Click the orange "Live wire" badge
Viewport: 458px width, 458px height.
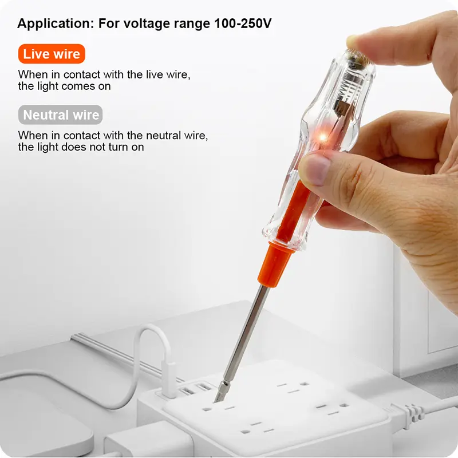52,54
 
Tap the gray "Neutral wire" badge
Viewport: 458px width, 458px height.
61,114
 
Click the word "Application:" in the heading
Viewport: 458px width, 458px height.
56,24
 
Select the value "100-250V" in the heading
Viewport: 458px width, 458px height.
243,23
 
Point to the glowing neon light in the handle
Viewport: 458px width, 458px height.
322,137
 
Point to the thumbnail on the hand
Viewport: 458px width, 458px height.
314,169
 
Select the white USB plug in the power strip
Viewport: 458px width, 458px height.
169,379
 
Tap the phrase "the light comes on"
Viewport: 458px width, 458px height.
64,86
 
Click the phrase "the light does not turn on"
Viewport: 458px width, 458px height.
81,147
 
